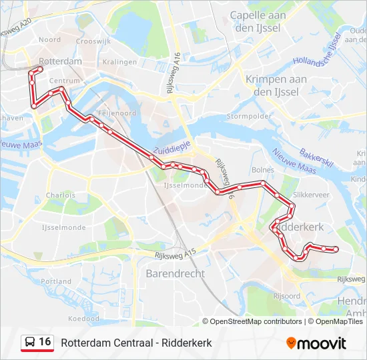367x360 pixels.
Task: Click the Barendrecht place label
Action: click(x=175, y=273)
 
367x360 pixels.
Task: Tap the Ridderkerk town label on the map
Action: click(x=300, y=227)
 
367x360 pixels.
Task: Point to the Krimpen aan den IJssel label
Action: click(x=276, y=85)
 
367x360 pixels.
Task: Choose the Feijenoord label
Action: click(x=117, y=113)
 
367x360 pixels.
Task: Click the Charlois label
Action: click(x=60, y=195)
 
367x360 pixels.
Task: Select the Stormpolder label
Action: click(x=249, y=116)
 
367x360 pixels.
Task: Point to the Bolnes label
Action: click(x=263, y=170)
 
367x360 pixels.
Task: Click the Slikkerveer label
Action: click(x=311, y=195)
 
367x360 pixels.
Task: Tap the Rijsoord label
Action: click(x=286, y=295)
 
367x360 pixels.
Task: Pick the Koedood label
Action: click(x=83, y=319)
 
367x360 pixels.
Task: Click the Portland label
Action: click(x=56, y=281)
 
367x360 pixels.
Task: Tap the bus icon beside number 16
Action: click(x=30, y=343)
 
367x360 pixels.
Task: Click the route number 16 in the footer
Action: click(x=45, y=342)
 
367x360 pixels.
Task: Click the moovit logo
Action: click(x=316, y=343)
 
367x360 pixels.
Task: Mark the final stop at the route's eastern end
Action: click(x=336, y=249)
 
